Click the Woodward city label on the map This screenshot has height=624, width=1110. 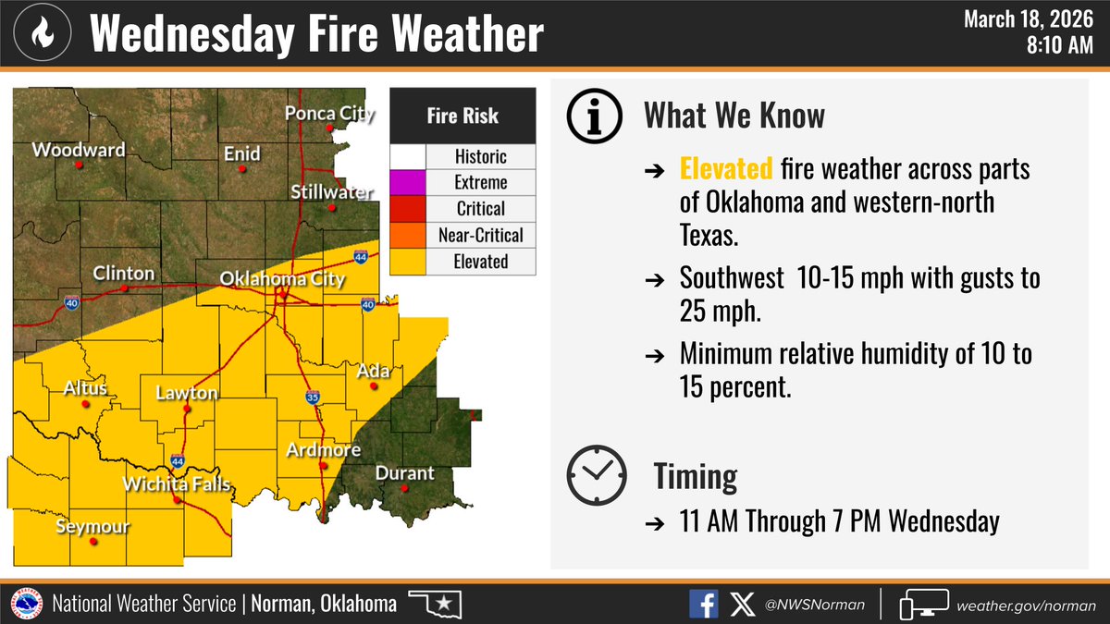79,150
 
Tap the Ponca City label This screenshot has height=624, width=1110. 330,114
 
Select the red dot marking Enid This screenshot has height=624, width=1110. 242,169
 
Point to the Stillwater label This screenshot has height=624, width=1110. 331,192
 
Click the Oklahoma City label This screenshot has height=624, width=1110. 282,278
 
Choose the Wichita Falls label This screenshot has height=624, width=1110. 177,484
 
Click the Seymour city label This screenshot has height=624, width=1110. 92,527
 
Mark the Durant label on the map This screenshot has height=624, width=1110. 404,472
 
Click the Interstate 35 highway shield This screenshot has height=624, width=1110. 313,398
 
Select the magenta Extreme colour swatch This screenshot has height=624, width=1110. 407,182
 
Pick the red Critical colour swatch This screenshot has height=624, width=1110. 407,208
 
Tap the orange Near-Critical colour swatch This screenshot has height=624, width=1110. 407,235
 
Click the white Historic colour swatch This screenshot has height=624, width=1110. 407,156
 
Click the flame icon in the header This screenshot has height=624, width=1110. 43,33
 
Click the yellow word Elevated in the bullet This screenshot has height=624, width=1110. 725,169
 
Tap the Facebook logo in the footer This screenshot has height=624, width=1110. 704,605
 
